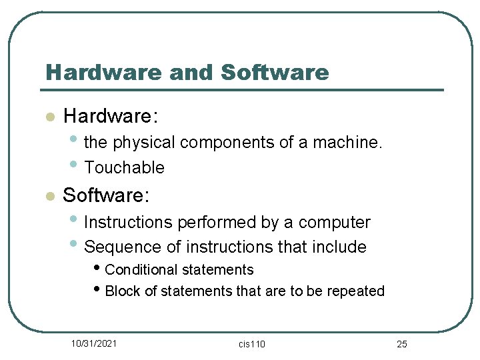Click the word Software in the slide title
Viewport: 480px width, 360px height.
click(275, 72)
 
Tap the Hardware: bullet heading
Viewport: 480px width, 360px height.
click(111, 117)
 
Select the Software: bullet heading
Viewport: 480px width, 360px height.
click(107, 195)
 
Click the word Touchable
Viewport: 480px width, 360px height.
click(124, 167)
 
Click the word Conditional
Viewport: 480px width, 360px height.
click(143, 270)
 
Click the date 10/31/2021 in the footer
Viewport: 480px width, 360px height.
click(95, 343)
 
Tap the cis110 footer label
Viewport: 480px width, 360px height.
click(251, 344)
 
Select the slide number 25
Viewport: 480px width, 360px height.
click(401, 344)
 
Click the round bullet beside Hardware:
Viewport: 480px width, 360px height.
click(48, 117)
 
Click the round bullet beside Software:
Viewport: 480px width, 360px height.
click(48, 196)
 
